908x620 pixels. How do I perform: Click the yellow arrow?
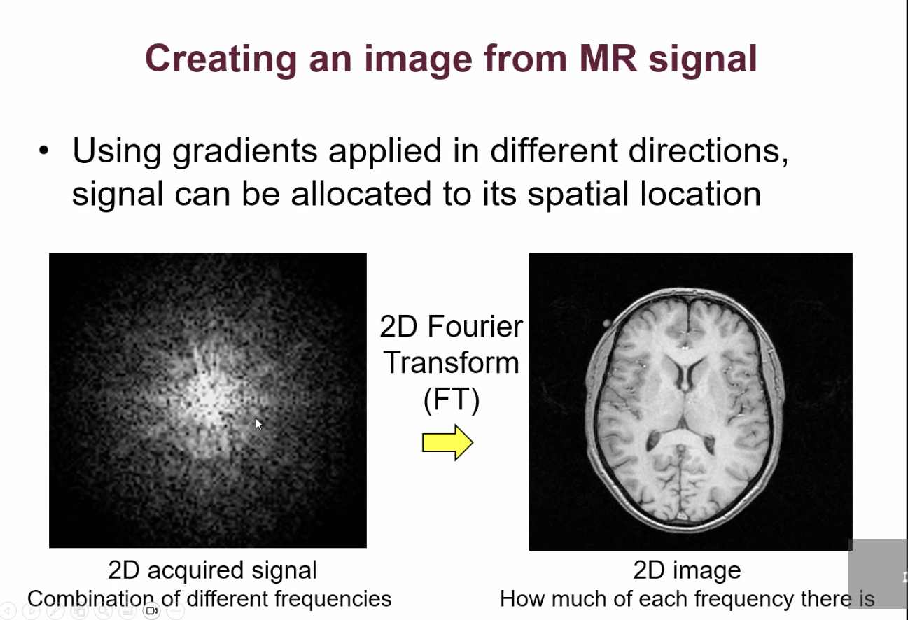tap(447, 442)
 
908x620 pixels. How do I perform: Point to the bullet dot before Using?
tap(45, 151)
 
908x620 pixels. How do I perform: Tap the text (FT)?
tap(452, 400)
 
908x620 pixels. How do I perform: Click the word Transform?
tap(452, 362)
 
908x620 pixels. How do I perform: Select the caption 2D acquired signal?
tap(212, 570)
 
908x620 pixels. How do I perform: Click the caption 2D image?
tap(687, 570)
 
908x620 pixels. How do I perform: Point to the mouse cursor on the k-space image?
tap(258, 423)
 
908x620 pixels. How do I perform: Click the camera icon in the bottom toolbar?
tap(151, 611)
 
